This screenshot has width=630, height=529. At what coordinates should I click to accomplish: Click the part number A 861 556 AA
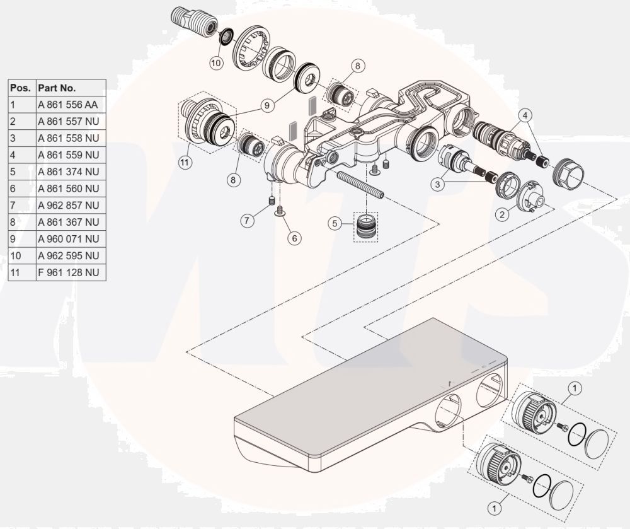click(x=68, y=105)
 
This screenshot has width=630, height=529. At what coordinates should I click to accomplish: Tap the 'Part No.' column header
click(x=57, y=88)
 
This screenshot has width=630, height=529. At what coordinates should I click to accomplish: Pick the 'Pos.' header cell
click(x=21, y=88)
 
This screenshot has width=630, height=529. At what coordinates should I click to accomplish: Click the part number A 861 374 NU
click(x=68, y=171)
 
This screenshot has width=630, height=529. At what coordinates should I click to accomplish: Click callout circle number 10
click(x=216, y=62)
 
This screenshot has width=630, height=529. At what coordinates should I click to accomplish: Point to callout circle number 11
click(x=185, y=163)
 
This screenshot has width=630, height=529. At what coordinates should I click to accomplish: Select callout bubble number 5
click(x=335, y=223)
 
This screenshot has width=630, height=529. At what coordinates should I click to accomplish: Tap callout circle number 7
click(x=248, y=220)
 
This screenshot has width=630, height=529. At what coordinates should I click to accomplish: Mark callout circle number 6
click(x=294, y=238)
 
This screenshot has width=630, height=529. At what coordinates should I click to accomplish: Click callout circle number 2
click(x=502, y=214)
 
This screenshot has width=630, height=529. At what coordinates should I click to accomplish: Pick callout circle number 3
click(x=438, y=184)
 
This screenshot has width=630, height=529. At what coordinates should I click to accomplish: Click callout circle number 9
click(x=267, y=105)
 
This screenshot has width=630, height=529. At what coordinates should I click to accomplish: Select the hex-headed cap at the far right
click(x=568, y=173)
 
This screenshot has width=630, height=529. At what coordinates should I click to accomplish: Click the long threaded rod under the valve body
click(x=360, y=185)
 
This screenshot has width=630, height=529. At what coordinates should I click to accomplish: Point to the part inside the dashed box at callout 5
click(x=366, y=227)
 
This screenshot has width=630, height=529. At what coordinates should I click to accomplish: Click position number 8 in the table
click(x=13, y=222)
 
